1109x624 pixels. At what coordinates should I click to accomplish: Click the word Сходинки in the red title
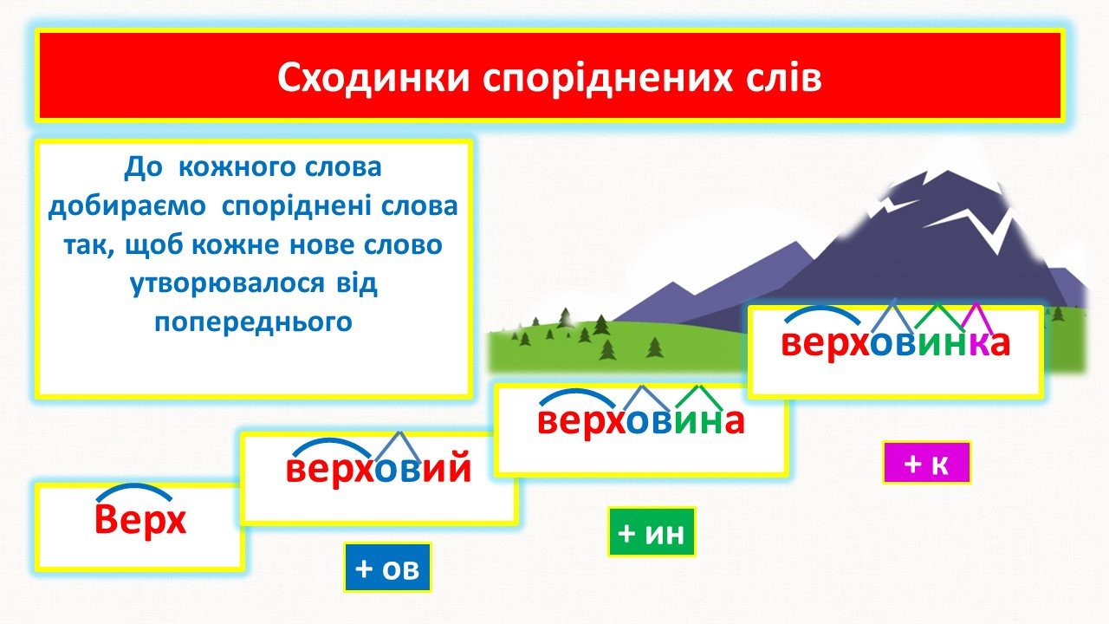[x=373, y=78]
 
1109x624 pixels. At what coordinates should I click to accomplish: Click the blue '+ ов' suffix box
[x=387, y=568]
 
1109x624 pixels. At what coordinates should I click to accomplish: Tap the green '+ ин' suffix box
[x=652, y=532]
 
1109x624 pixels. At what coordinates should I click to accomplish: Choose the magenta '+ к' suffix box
[x=926, y=463]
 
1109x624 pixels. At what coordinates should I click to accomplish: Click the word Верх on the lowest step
[x=140, y=520]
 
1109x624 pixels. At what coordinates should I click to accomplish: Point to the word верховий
[x=379, y=468]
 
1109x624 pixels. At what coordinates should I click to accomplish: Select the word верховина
[x=641, y=422]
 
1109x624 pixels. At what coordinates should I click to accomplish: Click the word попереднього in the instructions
[x=254, y=322]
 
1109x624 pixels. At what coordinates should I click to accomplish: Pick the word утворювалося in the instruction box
[x=227, y=283]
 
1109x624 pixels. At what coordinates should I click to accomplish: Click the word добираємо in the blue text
[x=126, y=206]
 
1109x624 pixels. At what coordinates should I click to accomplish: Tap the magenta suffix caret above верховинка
[x=976, y=317]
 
